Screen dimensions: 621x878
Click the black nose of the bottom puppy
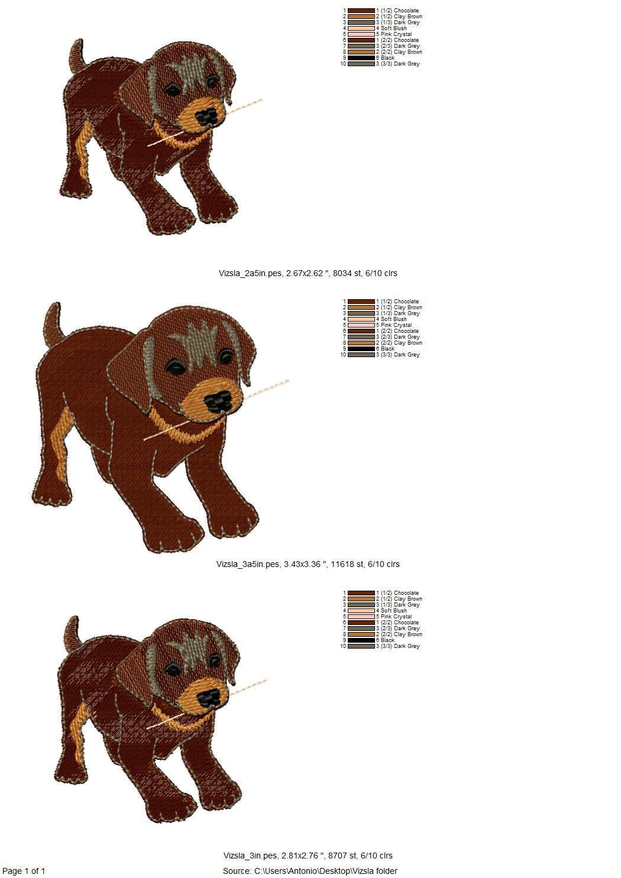210,707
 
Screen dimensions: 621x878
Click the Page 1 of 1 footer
24,871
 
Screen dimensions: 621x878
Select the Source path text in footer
310,871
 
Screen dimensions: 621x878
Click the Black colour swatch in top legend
361,57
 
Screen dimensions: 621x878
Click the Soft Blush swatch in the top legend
361,28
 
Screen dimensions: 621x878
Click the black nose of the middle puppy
218,402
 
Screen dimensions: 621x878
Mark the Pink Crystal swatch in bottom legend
361,617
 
